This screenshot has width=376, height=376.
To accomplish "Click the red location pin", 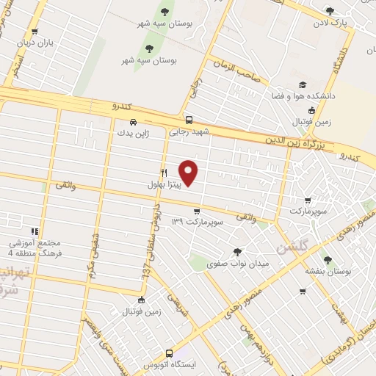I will coord(189,173).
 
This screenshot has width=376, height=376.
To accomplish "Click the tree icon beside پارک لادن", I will coord(329,11).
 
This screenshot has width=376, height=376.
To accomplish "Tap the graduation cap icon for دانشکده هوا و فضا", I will coord(303,84).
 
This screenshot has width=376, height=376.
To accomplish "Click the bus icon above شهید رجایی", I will coord(189,120).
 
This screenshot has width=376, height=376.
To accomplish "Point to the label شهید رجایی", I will coord(189,132).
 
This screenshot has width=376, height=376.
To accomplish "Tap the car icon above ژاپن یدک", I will coord(132,122).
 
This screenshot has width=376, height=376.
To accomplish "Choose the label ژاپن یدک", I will coord(132,134).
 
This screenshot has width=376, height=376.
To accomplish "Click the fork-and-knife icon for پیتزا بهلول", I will coord(164,174).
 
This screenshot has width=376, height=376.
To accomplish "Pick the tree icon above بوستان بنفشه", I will coord(328,259).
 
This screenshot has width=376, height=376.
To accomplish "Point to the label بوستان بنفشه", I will coord(328,271).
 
